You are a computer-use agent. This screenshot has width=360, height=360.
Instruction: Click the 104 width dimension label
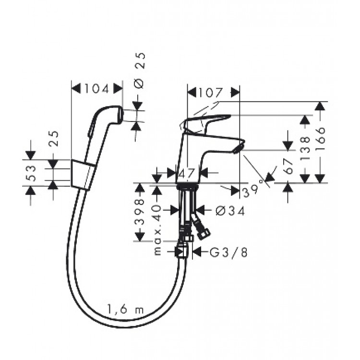pos(96,89)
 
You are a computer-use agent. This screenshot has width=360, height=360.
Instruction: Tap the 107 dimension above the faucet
pos(211,93)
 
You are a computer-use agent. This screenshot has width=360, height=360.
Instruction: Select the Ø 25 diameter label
pos(139,71)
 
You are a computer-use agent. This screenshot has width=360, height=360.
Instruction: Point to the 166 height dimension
pos(321,138)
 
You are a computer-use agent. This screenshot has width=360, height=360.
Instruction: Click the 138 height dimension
pos(305,149)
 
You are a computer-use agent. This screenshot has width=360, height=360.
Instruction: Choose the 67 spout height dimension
pos(288,166)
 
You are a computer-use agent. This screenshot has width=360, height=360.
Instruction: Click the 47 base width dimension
pos(186,173)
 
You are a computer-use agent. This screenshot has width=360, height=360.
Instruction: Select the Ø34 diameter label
pos(230,211)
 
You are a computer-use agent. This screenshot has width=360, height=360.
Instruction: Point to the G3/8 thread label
pos(229,252)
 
